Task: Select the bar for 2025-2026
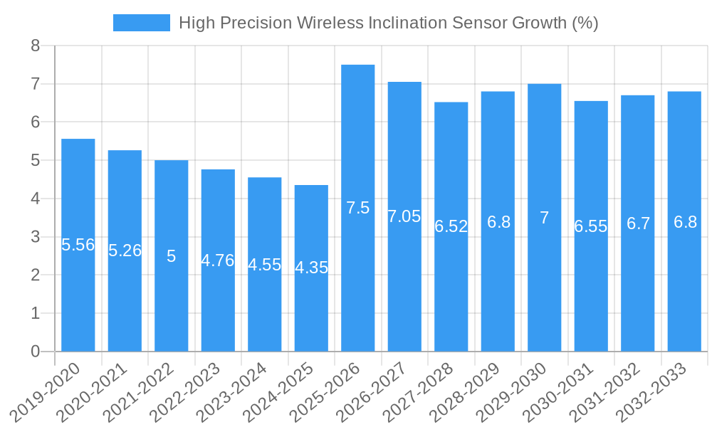pyautogui.click(x=357, y=208)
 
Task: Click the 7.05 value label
pyautogui.click(x=404, y=216)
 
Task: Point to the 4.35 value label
pyautogui.click(x=311, y=268)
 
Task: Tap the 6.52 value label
pyautogui.click(x=451, y=226)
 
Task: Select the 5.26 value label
pyautogui.click(x=125, y=251)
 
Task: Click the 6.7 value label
pyautogui.click(x=638, y=223)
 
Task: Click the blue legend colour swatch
pyautogui.click(x=142, y=23)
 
